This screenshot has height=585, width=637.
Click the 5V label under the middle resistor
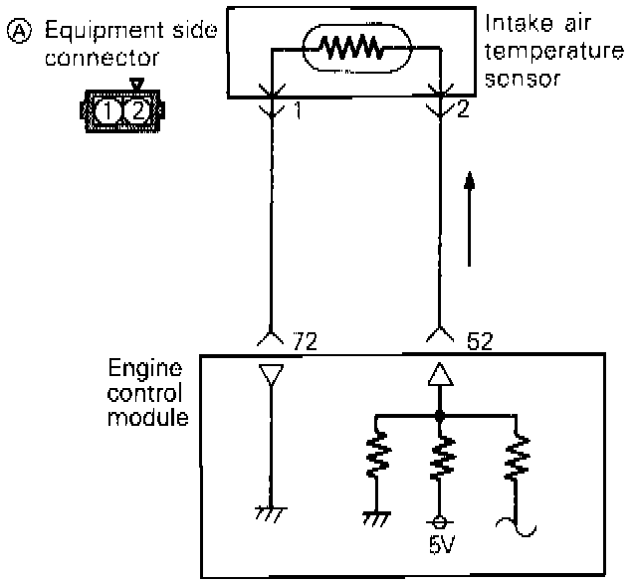[438, 544]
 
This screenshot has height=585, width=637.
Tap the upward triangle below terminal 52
[439, 376]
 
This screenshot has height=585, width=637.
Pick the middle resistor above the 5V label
[438, 458]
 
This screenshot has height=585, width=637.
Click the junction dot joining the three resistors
[439, 412]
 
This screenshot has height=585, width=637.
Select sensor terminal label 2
[463, 111]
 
